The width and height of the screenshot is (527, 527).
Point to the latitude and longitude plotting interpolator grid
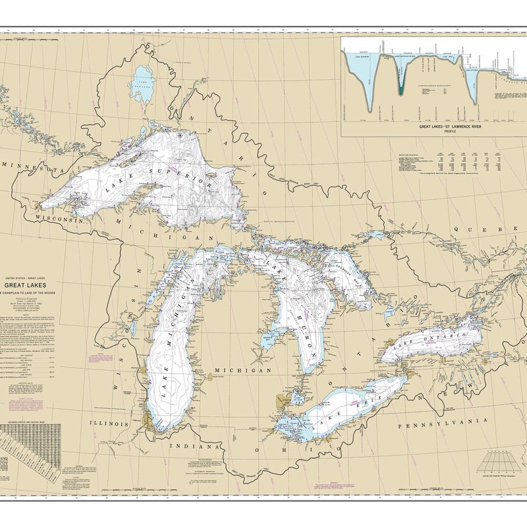(x=497, y=461)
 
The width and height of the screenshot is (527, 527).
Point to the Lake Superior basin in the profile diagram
(x=369, y=79)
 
